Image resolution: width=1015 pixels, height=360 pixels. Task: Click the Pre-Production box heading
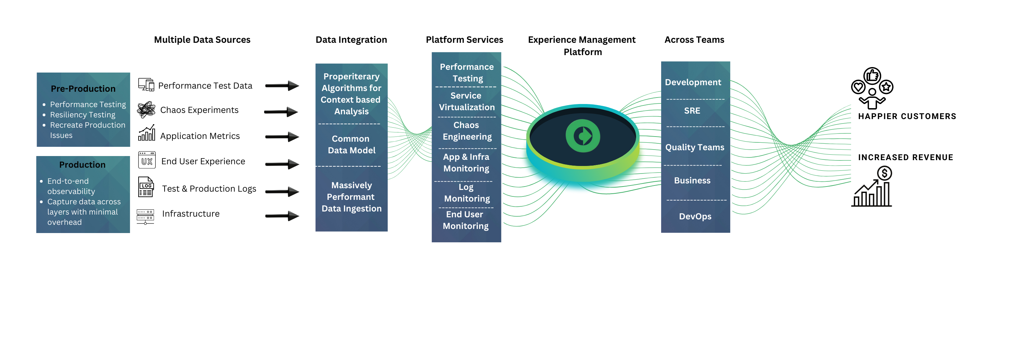click(x=83, y=89)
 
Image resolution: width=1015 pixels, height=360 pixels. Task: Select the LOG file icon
click(x=146, y=187)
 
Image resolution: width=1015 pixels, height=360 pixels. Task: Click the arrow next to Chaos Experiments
click(x=281, y=112)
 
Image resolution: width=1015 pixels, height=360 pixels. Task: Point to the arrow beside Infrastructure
click(x=282, y=216)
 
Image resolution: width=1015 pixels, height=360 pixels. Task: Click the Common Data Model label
click(x=351, y=144)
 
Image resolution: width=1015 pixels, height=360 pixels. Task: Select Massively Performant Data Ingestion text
click(x=351, y=196)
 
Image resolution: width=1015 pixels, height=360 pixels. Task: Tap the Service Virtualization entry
click(x=466, y=101)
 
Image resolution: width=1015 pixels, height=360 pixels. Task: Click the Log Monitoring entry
click(x=466, y=193)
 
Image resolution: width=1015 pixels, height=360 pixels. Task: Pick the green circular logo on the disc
click(x=583, y=136)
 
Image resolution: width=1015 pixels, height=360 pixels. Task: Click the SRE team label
click(x=692, y=111)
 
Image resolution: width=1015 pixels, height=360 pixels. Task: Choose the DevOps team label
click(x=695, y=216)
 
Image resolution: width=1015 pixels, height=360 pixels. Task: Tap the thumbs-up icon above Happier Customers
click(x=872, y=75)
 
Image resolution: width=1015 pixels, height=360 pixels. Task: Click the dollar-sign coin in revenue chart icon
click(x=885, y=173)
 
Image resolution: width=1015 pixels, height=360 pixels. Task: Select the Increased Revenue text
click(x=905, y=157)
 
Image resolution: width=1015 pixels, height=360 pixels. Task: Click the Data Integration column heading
click(x=351, y=40)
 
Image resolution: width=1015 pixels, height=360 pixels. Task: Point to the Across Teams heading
click(x=694, y=40)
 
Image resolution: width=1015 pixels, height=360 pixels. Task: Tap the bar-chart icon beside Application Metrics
click(x=146, y=133)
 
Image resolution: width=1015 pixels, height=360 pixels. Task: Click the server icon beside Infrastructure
click(x=145, y=216)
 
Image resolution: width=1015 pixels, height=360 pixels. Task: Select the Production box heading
click(x=82, y=165)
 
